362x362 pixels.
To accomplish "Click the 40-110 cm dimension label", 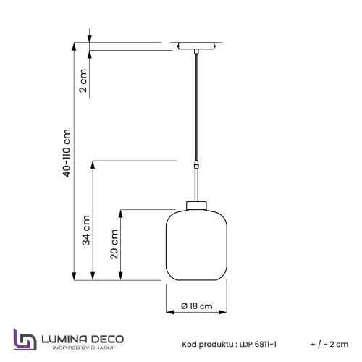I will (67, 153).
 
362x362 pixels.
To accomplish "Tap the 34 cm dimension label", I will (85, 230).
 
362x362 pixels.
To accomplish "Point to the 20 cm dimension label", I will (114, 243).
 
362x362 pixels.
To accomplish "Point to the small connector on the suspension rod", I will (196, 166).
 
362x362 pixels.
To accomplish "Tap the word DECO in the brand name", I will (107, 338).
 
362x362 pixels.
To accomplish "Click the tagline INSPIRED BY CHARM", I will (83, 349).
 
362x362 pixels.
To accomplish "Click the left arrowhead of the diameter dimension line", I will (169, 313).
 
